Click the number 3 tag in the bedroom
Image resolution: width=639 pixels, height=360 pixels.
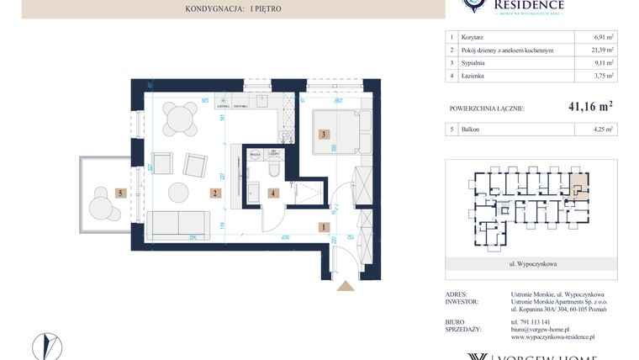322,134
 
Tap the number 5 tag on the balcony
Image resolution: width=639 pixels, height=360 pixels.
122,193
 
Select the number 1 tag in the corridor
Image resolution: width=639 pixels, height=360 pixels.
324,226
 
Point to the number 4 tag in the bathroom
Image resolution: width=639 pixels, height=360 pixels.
272,193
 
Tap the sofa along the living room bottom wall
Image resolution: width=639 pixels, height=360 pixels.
177,225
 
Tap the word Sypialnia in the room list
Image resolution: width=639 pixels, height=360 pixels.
477,63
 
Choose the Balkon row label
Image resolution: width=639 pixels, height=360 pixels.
471,130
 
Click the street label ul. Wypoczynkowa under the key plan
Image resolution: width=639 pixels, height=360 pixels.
532,263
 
